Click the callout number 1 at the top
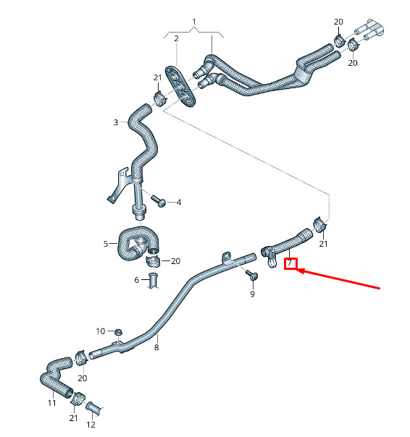[194, 22]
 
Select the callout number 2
[176, 38]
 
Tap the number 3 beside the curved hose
[116, 122]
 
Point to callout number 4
[179, 203]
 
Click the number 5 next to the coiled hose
[106, 244]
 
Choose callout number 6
[136, 280]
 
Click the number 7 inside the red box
[290, 263]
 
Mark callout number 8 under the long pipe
[156, 347]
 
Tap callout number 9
[252, 294]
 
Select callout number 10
[101, 331]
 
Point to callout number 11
[52, 403]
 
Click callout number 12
[91, 425]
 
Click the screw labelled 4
[159, 201]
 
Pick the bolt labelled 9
[252, 274]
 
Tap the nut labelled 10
[119, 331]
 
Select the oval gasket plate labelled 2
[180, 86]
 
